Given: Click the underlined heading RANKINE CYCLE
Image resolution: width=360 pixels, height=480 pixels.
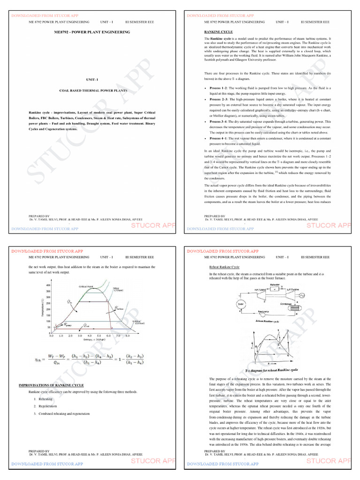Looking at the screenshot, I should pos(216,31).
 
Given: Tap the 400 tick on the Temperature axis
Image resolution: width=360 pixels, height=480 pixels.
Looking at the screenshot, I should pos(48,285).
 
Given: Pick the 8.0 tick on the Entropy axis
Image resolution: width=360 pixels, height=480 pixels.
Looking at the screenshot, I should pos(127,336).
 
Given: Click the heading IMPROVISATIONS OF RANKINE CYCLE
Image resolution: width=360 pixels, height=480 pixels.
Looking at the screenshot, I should pos(51,385).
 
